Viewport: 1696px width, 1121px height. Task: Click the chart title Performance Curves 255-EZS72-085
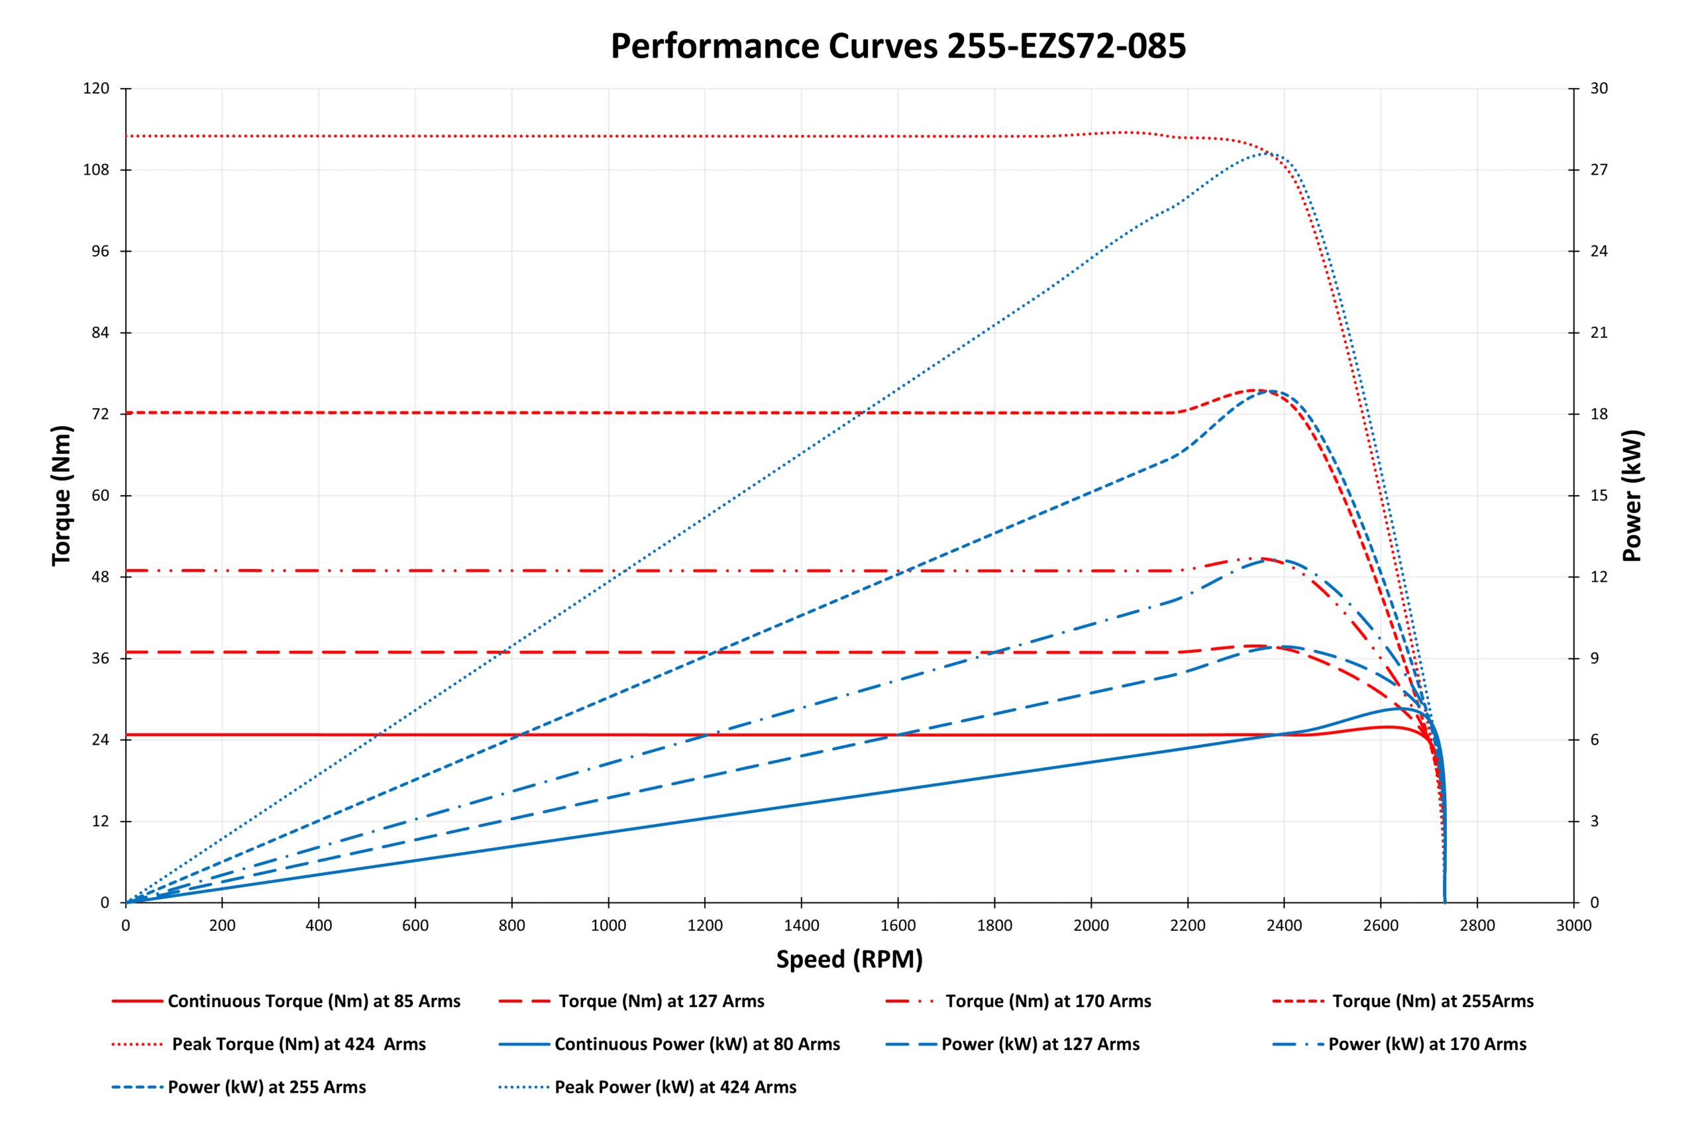[x=898, y=46]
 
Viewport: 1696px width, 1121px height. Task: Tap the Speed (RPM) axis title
[x=849, y=959]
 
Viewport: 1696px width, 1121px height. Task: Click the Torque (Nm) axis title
[x=62, y=496]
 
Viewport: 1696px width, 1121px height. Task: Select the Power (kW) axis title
[x=1632, y=496]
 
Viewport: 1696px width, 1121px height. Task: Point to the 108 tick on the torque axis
[x=96, y=170]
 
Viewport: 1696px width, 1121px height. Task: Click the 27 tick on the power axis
[x=1599, y=170]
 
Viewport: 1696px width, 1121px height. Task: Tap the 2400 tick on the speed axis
[x=1284, y=925]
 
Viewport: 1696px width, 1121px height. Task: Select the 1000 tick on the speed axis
[x=608, y=925]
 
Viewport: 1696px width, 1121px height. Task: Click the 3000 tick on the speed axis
[x=1573, y=925]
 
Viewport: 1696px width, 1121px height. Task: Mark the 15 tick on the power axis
[x=1599, y=496]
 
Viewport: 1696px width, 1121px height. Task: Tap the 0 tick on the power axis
[x=1595, y=902]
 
